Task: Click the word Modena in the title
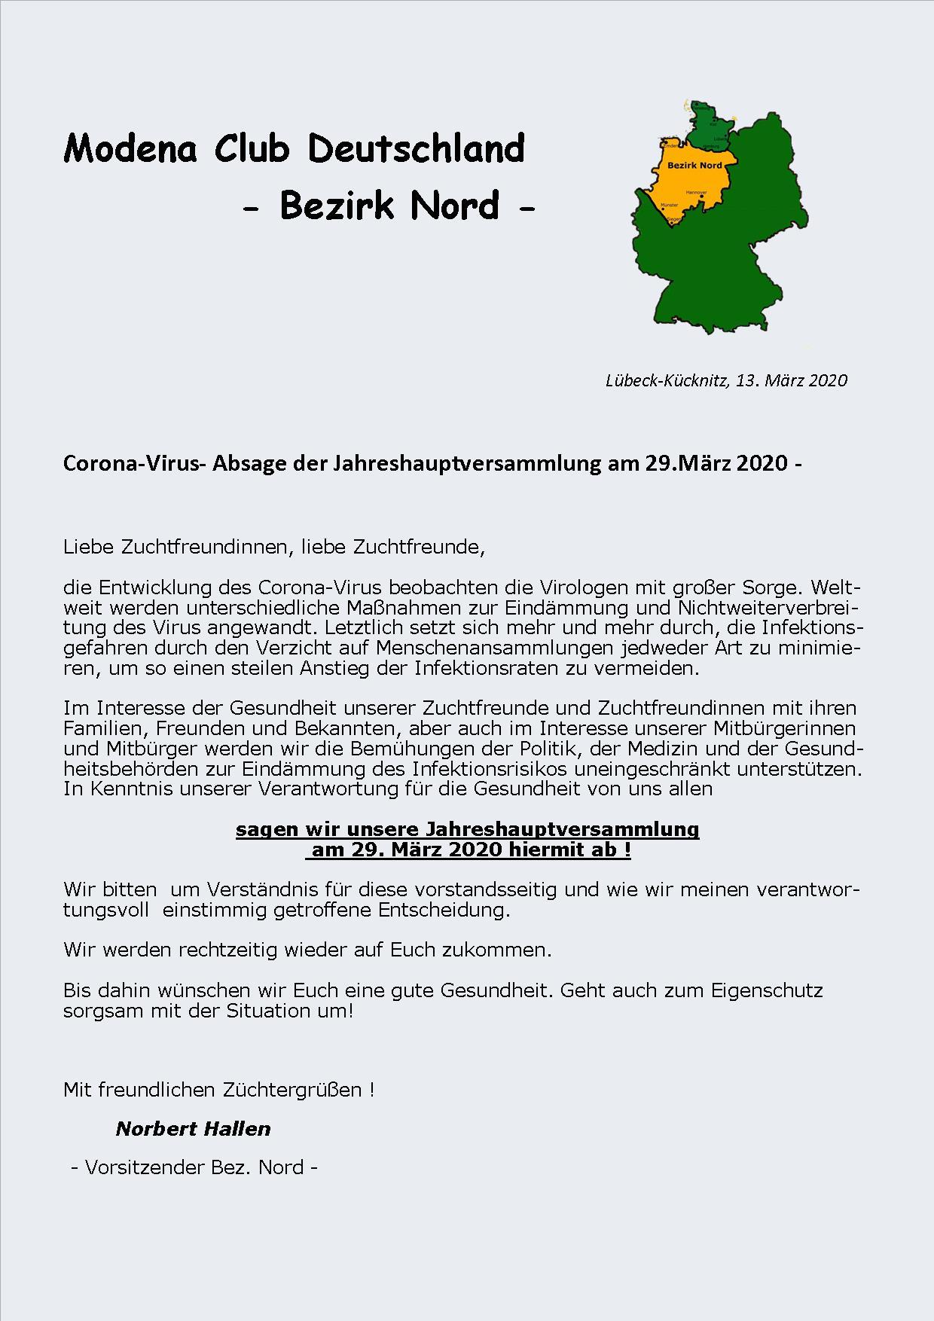130,148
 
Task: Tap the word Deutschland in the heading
416,148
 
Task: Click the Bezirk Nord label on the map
694,165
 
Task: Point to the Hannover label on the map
696,192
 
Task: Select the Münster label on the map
668,205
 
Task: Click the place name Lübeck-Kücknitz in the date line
667,380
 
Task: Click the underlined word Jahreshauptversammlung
562,829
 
